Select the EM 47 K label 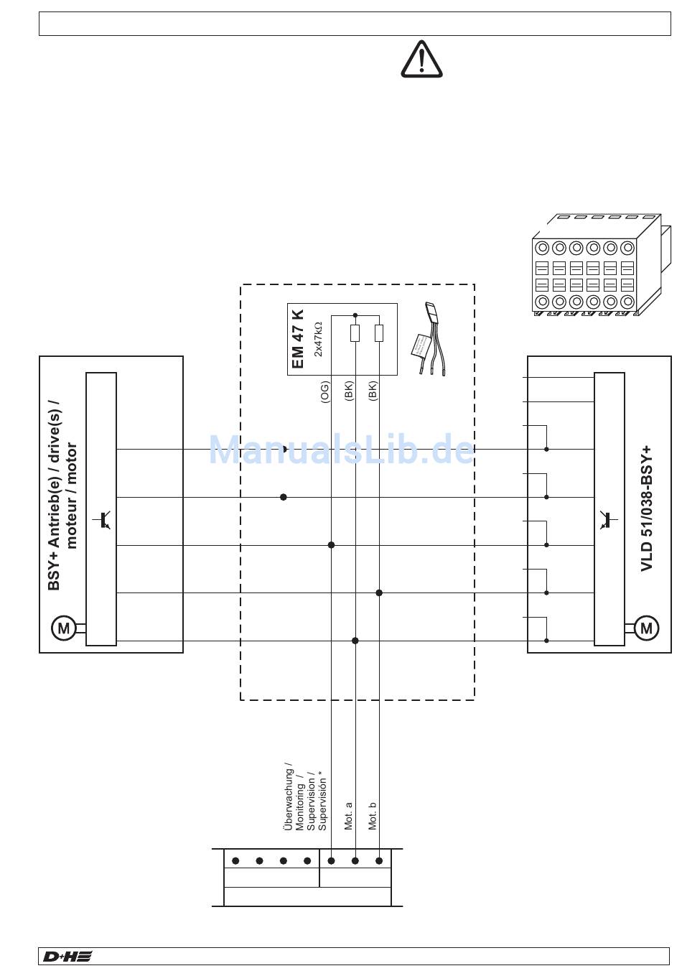(299, 339)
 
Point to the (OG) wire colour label (324, 394)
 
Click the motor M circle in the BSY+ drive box (63, 628)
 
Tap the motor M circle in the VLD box (646, 628)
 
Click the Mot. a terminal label (349, 816)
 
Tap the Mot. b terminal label (373, 816)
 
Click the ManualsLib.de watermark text (342, 450)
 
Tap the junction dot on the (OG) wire (331, 545)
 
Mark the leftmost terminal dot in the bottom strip (235, 860)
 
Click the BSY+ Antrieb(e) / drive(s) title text (62, 496)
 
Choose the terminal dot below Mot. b (379, 860)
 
